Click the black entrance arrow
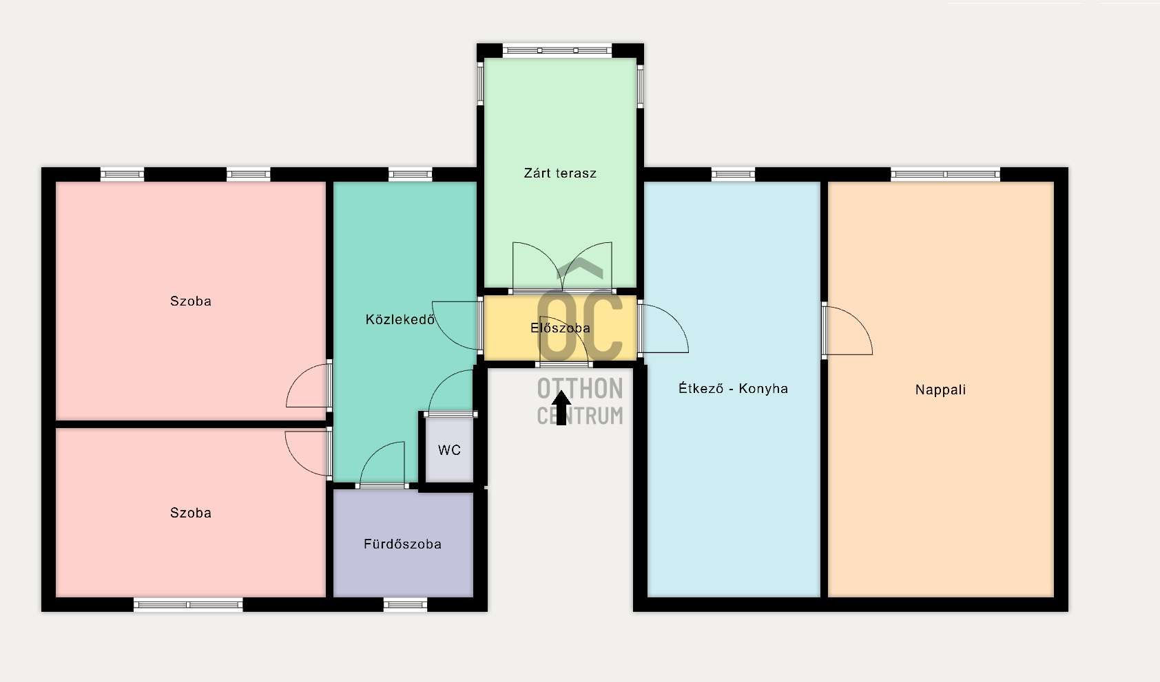(561, 407)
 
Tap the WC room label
(449, 450)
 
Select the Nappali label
(940, 390)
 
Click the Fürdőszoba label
(402, 544)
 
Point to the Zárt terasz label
(560, 173)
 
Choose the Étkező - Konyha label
(734, 388)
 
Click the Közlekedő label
(400, 319)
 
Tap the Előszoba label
(560, 328)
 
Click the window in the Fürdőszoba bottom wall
(406, 604)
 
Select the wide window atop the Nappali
(945, 174)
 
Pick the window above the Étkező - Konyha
(734, 174)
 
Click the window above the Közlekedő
(410, 174)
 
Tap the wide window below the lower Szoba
(188, 604)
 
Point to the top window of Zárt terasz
(557, 51)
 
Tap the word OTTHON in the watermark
(580, 389)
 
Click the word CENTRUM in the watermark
(580, 416)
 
